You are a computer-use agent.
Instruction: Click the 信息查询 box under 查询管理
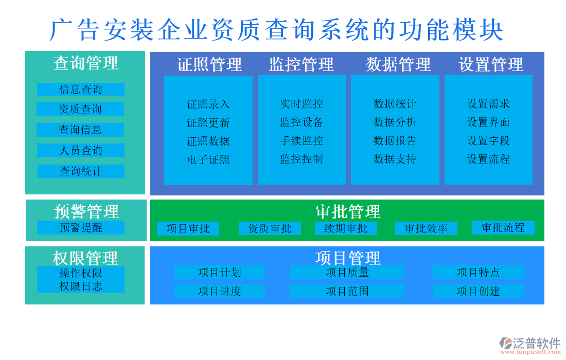(x=81, y=89)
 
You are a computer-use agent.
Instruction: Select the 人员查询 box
(x=81, y=151)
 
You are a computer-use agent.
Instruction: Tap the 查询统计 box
(x=81, y=171)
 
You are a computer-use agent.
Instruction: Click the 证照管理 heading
(x=209, y=65)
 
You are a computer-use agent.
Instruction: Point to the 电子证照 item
(x=208, y=159)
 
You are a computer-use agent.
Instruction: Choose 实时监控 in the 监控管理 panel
(x=302, y=104)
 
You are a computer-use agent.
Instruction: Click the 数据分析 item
(x=395, y=122)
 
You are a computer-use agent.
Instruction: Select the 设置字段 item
(x=488, y=141)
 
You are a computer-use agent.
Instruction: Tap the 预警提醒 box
(x=81, y=228)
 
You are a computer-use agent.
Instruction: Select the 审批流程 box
(x=503, y=228)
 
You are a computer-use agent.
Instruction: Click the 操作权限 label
(x=81, y=273)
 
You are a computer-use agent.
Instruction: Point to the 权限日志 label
(x=81, y=286)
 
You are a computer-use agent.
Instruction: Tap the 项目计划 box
(x=220, y=273)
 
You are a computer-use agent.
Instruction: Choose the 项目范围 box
(x=347, y=292)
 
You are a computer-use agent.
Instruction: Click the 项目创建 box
(x=478, y=292)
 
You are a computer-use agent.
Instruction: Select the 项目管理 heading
(x=347, y=257)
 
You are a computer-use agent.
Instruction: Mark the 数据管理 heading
(x=398, y=65)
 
